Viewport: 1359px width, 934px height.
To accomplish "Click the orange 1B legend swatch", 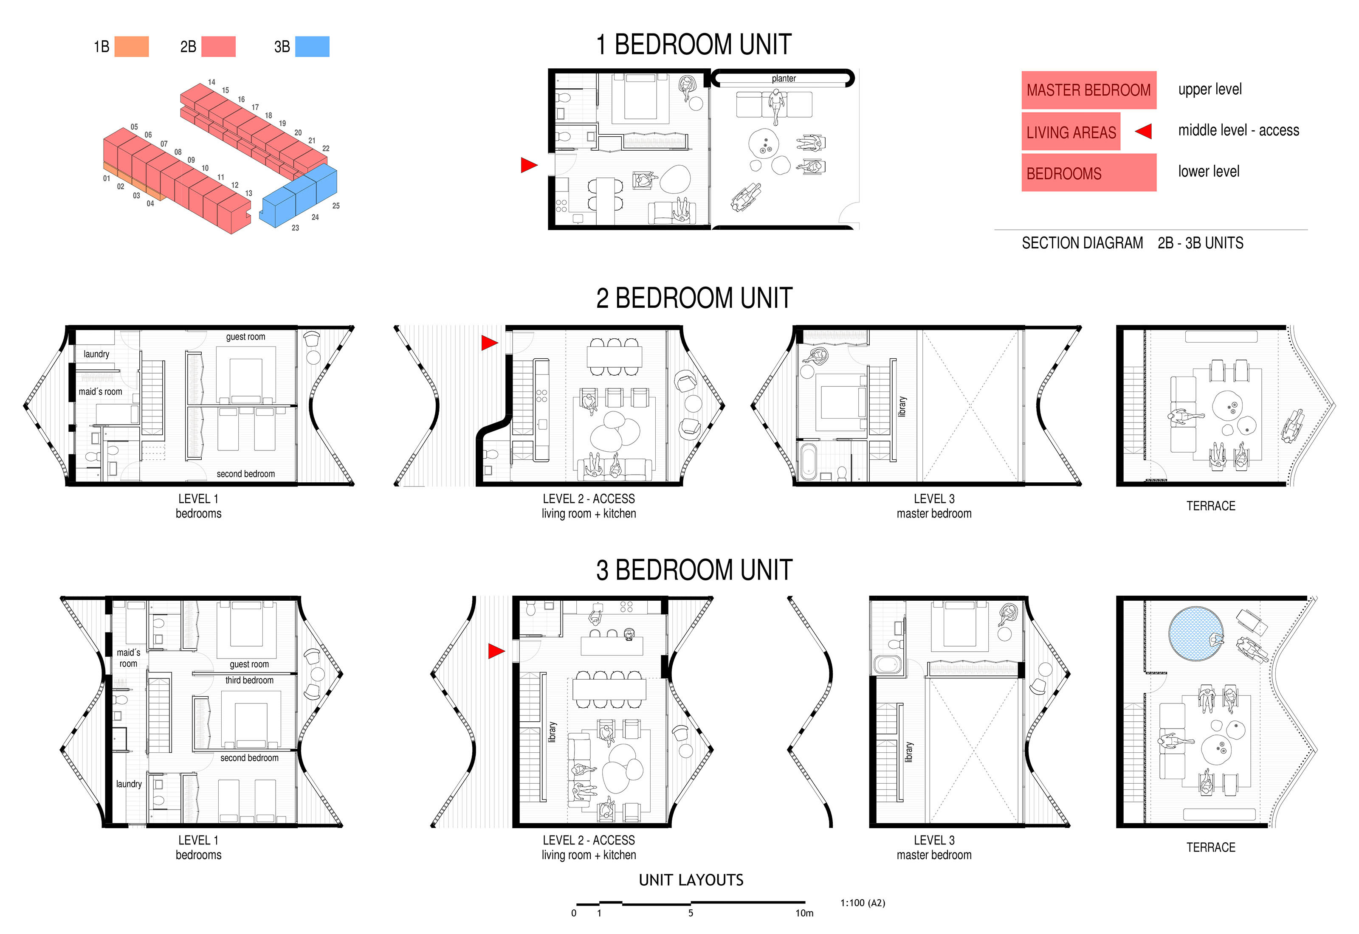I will [x=131, y=46].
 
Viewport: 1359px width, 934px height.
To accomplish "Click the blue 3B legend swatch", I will [x=312, y=46].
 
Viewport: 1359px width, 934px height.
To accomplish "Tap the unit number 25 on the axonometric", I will [x=336, y=206].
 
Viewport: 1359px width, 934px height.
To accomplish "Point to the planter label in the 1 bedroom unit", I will [x=784, y=79].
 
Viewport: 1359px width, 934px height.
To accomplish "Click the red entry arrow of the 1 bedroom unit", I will [x=528, y=166].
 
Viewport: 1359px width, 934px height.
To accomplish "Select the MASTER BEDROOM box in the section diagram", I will [x=1088, y=90].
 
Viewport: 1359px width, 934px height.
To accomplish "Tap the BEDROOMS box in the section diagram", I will [x=1088, y=173].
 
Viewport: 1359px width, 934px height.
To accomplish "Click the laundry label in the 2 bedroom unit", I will [x=96, y=354].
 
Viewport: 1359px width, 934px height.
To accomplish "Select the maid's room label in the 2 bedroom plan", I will [x=101, y=391].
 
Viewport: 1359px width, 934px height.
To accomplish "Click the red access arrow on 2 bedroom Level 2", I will [x=489, y=343].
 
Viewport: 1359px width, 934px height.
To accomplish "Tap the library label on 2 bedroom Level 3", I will [x=902, y=406].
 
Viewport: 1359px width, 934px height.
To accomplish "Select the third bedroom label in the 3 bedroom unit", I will [x=249, y=680].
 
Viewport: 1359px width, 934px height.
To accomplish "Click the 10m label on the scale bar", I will [x=804, y=913].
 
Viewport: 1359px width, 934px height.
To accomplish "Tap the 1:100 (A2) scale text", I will [x=863, y=903].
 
